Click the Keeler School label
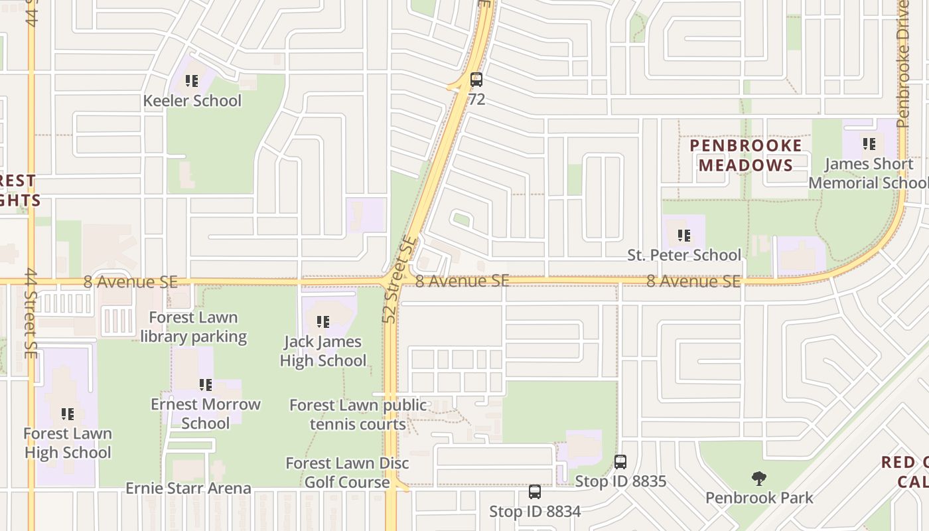point(192,101)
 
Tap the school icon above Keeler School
point(192,81)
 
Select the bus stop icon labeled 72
point(476,80)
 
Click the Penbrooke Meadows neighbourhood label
point(746,155)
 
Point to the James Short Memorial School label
point(869,173)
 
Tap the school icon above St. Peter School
point(684,235)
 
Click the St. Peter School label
point(684,255)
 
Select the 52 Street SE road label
point(398,280)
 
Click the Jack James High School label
point(323,351)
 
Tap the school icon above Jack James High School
point(323,322)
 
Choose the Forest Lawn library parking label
point(193,327)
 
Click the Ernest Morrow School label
point(206,414)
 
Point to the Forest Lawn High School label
point(68,443)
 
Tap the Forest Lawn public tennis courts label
point(358,414)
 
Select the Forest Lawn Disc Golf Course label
point(347,473)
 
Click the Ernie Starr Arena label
point(188,489)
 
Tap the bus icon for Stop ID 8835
point(620,462)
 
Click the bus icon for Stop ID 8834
point(535,492)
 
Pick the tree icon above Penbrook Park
point(759,479)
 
